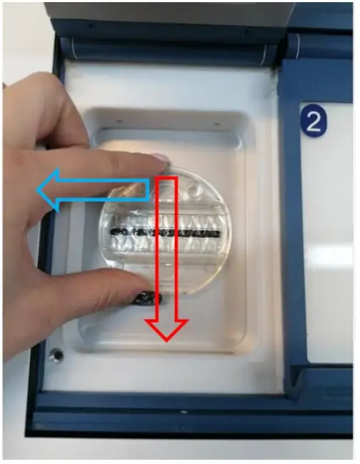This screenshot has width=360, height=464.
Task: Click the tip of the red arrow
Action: pyautogui.click(x=167, y=338)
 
